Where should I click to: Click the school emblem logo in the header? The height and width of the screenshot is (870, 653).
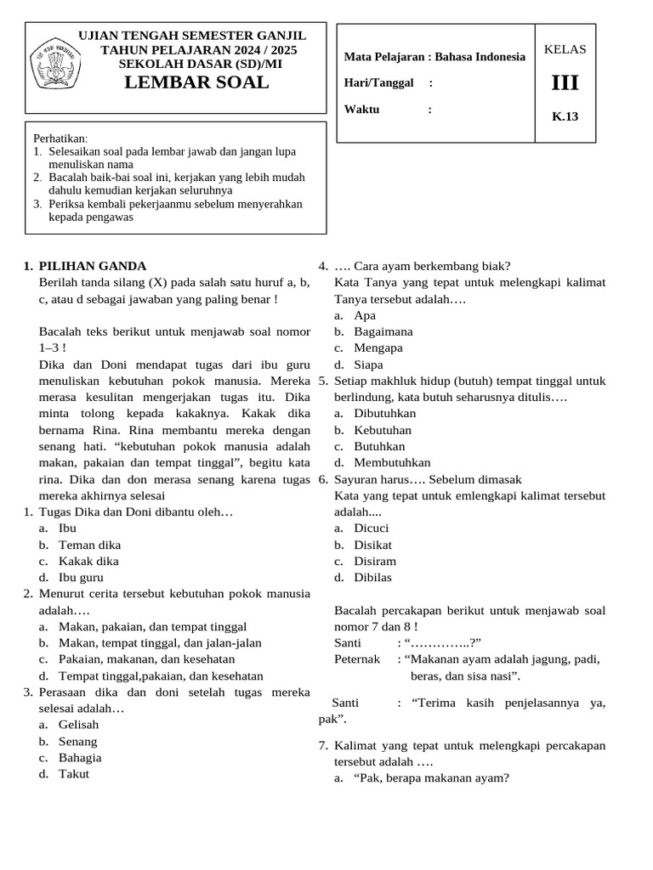click(56, 65)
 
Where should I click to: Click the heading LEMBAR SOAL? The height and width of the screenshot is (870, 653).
click(196, 82)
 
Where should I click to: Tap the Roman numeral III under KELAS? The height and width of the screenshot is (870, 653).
click(565, 84)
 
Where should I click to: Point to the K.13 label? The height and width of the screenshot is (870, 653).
click(565, 116)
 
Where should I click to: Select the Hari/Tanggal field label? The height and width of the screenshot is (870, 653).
click(378, 82)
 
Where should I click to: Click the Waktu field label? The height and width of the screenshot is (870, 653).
click(361, 109)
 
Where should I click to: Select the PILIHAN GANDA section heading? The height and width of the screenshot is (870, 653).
click(93, 266)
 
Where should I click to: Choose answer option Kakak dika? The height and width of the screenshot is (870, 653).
click(88, 561)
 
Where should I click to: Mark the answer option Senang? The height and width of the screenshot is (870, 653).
click(78, 741)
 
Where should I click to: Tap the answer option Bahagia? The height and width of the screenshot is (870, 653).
click(80, 757)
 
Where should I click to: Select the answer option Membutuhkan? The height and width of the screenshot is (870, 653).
click(392, 462)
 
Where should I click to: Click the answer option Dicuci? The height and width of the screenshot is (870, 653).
click(372, 528)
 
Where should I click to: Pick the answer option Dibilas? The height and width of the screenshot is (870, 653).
click(373, 577)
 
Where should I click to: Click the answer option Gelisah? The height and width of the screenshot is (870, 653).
click(78, 725)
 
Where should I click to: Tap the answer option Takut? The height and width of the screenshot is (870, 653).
click(74, 773)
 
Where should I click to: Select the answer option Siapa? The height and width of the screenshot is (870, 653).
click(370, 364)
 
